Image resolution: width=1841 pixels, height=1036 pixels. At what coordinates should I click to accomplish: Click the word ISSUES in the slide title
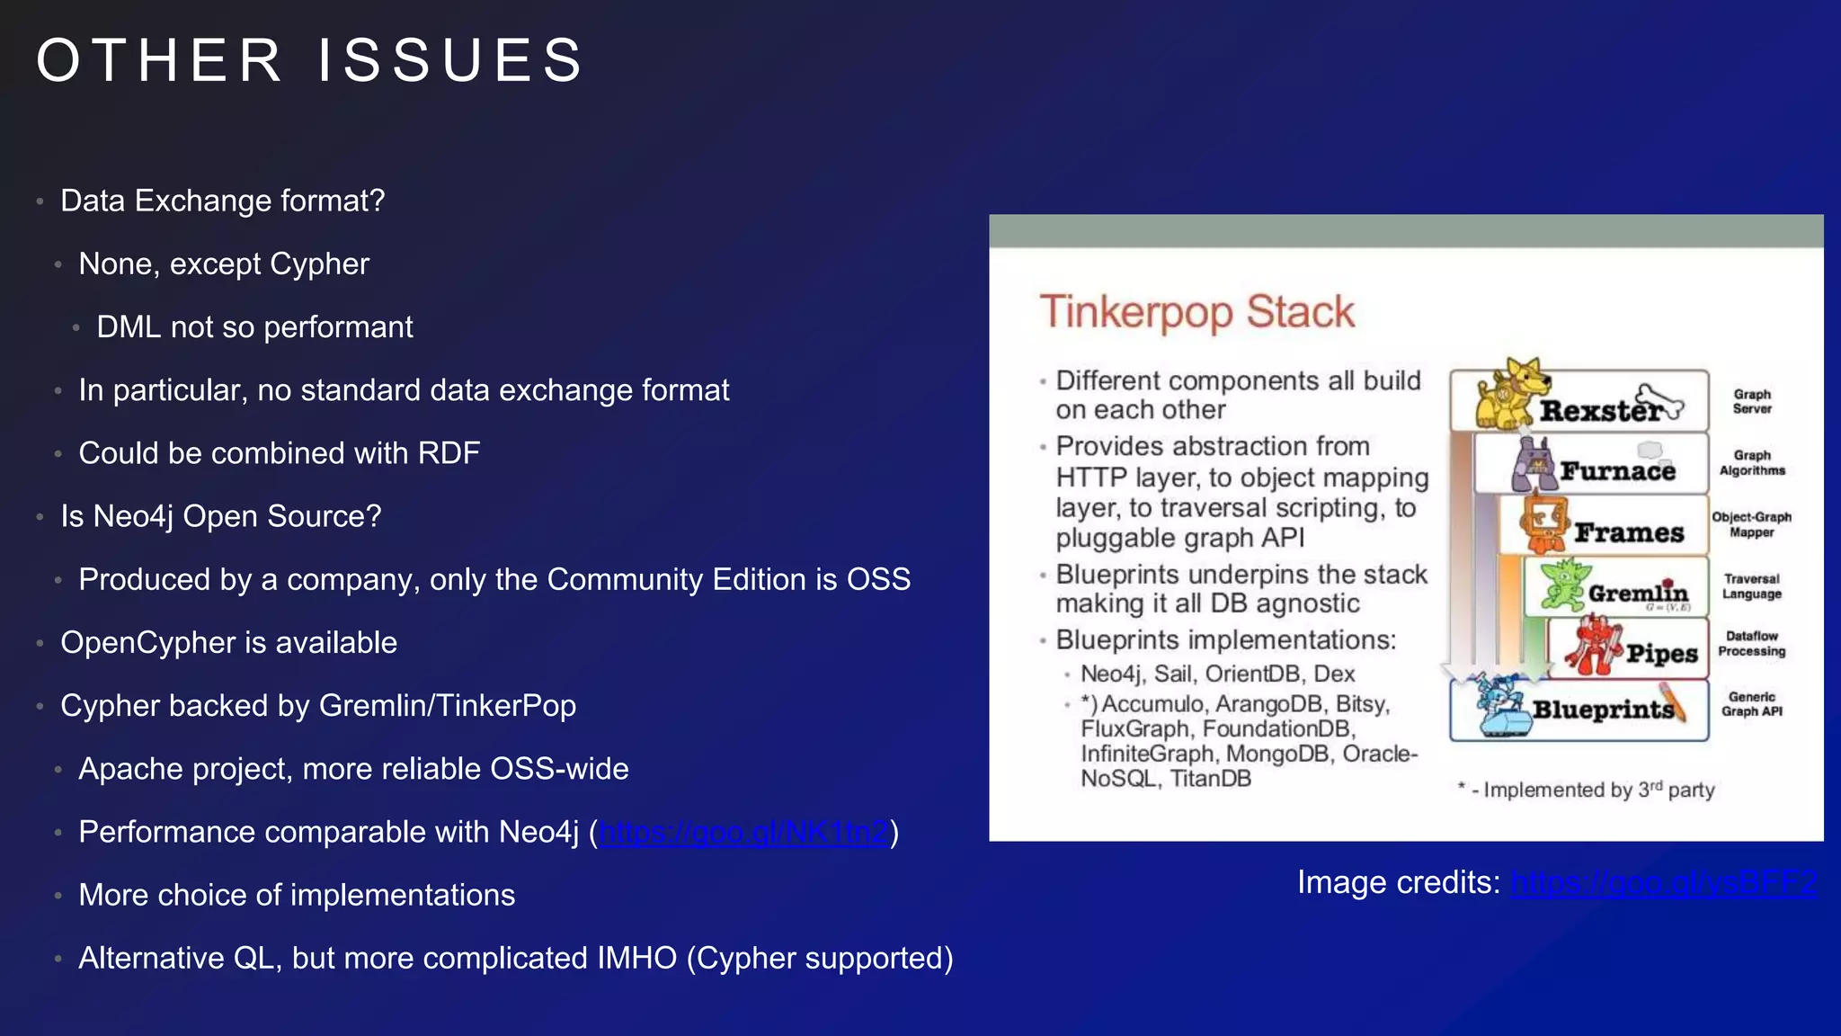(x=450, y=61)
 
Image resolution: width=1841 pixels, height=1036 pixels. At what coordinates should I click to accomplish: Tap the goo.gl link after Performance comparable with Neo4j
(x=743, y=832)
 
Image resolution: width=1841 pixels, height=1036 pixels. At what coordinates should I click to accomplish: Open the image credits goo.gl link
(x=1664, y=882)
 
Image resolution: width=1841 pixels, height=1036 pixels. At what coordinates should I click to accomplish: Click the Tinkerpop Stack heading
(x=1196, y=312)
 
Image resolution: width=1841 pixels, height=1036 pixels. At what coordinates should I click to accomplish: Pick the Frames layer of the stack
(x=1628, y=532)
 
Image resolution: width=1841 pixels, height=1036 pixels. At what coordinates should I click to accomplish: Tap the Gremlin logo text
(x=1638, y=594)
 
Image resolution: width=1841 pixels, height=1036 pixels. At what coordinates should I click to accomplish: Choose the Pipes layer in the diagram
(x=1661, y=653)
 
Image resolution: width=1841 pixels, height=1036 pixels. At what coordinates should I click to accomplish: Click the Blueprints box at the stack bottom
(x=1602, y=710)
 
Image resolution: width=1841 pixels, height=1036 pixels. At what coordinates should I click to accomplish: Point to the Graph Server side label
(x=1752, y=401)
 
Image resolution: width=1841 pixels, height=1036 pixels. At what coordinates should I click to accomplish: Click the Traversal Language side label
(x=1751, y=586)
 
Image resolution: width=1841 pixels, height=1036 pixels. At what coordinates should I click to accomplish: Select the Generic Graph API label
(x=1751, y=704)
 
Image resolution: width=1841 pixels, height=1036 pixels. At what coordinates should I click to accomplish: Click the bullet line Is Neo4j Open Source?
(x=220, y=516)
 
